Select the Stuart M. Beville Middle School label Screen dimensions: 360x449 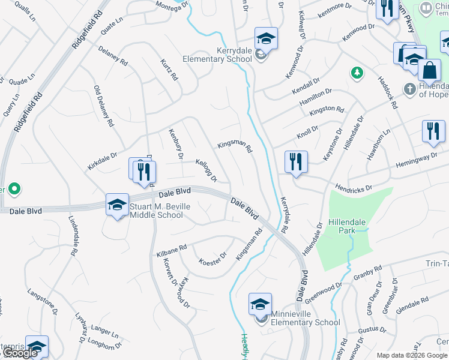point(155,211)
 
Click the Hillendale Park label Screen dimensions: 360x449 point(346,226)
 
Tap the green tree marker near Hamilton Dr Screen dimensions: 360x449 point(357,73)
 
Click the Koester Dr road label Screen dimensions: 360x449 point(212,259)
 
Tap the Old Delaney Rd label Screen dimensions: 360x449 point(103,106)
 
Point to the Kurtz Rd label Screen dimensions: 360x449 point(170,70)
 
